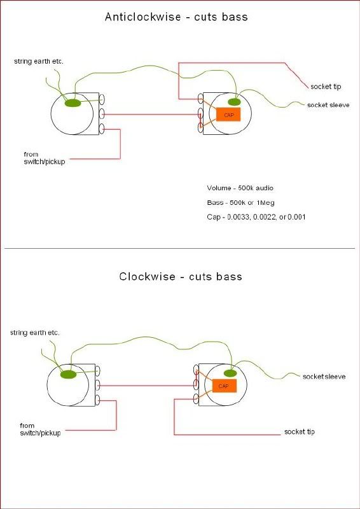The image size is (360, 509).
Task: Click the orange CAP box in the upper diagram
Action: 228,115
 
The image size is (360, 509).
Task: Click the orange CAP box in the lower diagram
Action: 224,386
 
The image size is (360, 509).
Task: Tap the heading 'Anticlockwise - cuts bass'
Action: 176,17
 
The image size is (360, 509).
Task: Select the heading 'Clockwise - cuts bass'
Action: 181,276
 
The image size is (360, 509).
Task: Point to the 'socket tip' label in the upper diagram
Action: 326,87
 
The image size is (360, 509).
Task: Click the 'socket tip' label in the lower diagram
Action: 300,432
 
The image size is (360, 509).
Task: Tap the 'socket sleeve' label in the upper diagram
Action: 328,105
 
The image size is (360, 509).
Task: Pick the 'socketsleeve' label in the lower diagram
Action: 324,377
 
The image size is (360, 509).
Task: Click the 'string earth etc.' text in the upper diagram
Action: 39,61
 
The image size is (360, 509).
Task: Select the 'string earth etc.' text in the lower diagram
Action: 35,333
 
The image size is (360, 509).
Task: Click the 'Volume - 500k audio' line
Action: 240,188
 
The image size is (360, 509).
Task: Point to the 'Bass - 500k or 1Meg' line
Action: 240,203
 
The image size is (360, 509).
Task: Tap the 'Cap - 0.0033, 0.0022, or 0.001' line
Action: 256,217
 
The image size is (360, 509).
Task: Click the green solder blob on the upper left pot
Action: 73,103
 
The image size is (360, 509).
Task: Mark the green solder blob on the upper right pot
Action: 234,102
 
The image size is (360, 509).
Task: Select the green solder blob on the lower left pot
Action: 69,375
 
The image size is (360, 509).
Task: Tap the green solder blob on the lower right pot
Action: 230,373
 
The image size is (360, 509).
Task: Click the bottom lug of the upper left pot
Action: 102,129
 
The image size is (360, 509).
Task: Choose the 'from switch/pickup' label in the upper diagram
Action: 45,158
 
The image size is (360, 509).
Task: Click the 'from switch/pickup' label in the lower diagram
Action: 40,429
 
